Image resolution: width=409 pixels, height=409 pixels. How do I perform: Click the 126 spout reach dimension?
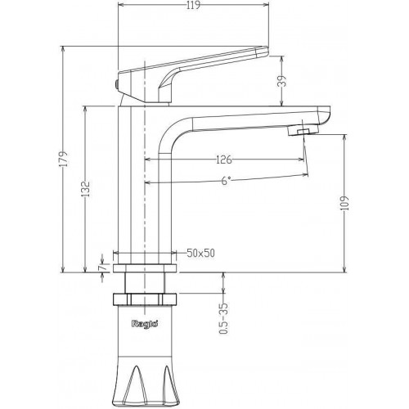[223, 159]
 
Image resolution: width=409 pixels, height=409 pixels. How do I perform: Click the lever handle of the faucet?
[213, 65]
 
